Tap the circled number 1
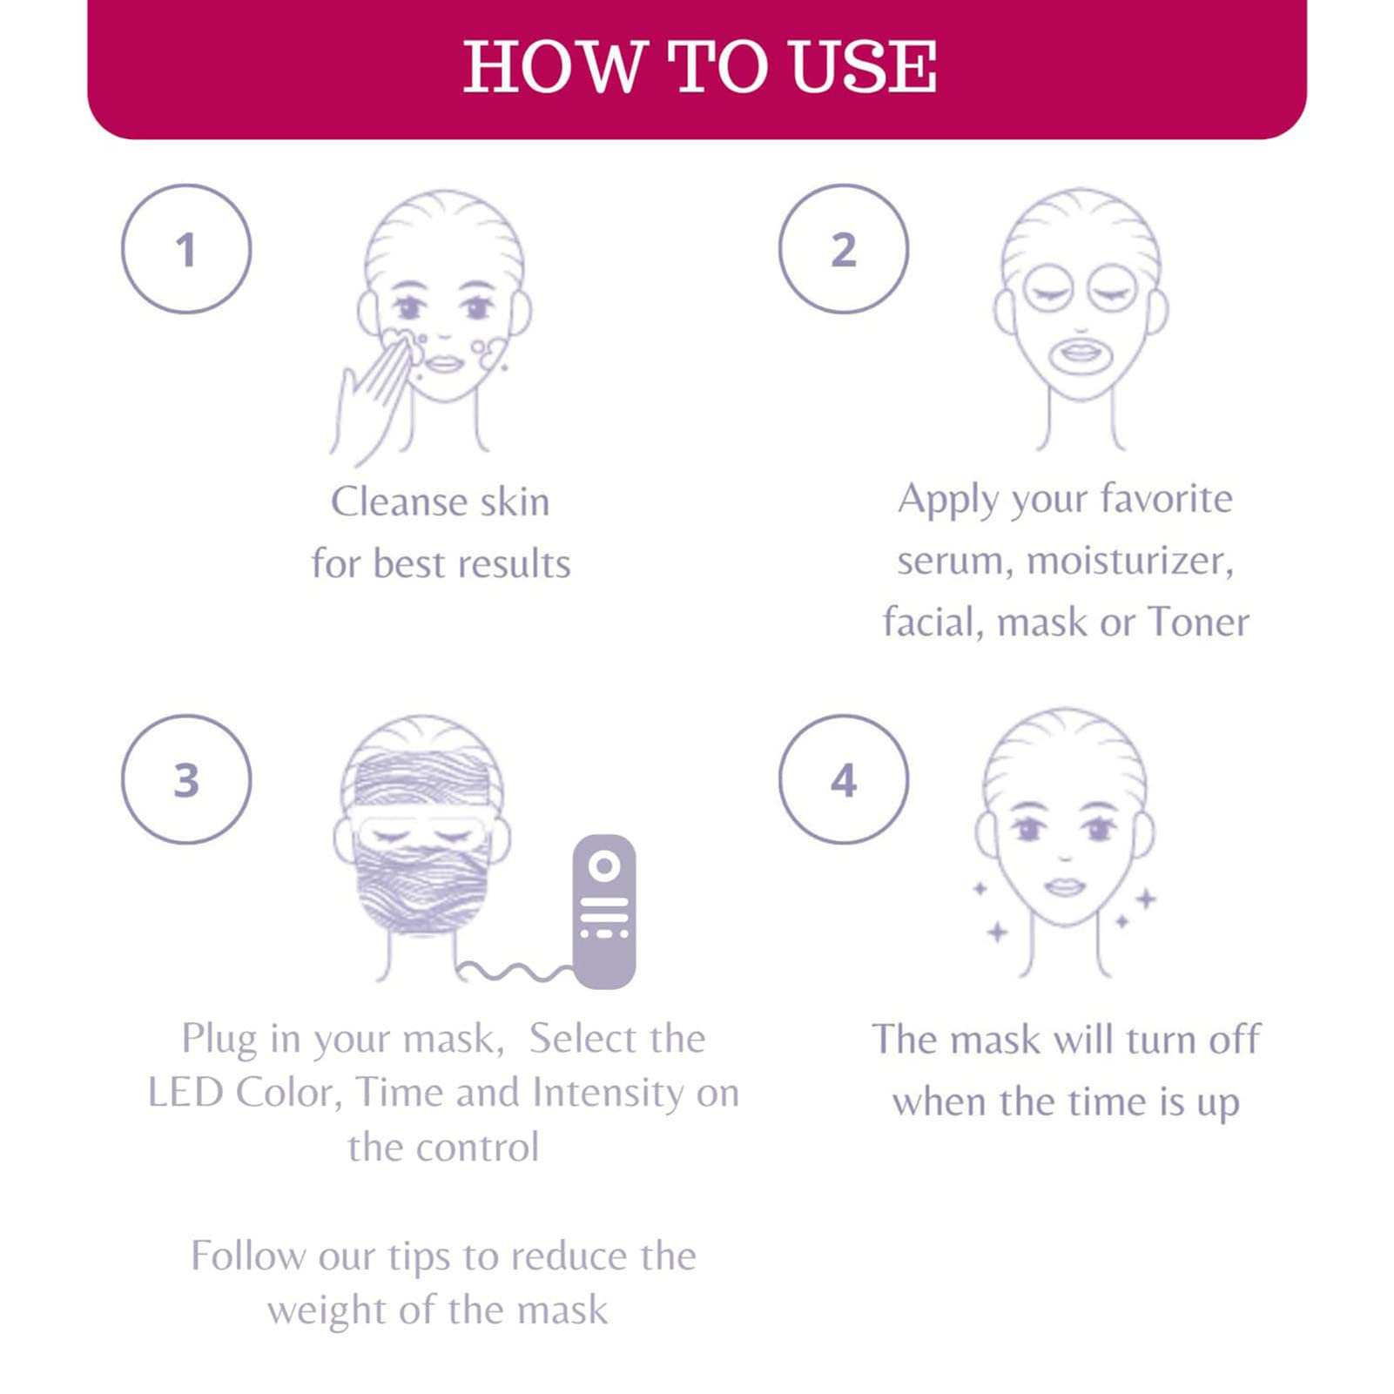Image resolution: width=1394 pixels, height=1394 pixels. (186, 249)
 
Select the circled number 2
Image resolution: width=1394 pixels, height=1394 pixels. (844, 249)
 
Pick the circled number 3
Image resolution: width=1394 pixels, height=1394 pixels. (186, 780)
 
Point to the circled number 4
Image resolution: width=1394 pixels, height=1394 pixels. (844, 780)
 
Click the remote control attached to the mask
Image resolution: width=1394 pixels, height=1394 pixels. (604, 912)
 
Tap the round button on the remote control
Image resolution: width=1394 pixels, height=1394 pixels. (604, 865)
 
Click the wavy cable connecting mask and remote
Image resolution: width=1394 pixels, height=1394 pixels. (514, 971)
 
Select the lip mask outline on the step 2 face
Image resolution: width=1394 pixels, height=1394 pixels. (1081, 355)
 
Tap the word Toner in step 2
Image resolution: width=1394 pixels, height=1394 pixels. (1198, 623)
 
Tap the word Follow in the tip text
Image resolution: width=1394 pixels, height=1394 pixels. (248, 1256)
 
